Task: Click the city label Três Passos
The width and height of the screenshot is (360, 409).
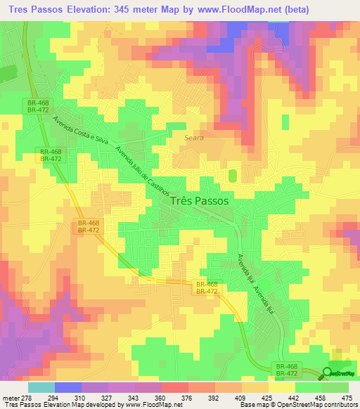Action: click(x=200, y=200)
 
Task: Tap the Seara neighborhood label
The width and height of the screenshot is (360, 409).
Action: click(x=194, y=138)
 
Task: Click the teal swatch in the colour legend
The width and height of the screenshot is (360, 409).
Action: click(x=41, y=388)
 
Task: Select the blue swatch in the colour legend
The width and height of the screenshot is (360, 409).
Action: click(x=68, y=388)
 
